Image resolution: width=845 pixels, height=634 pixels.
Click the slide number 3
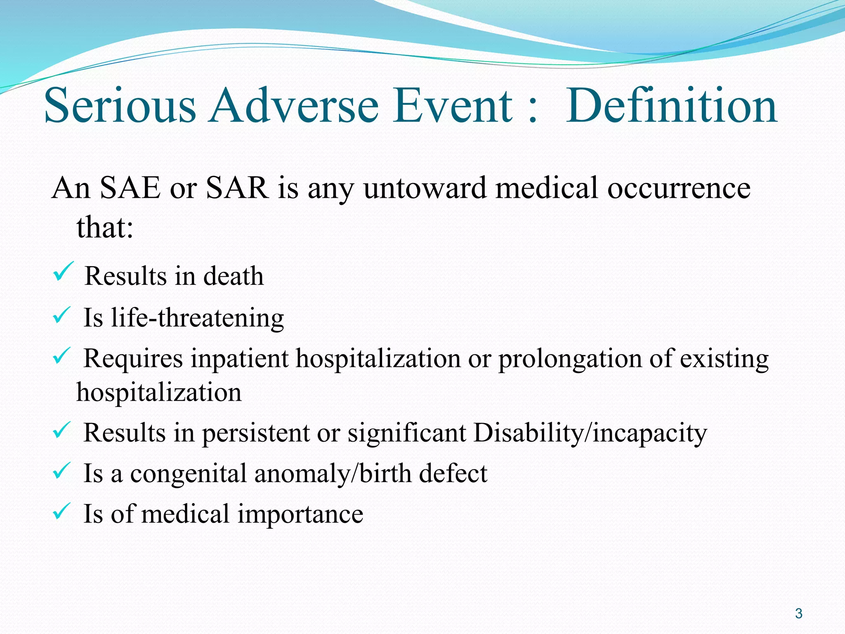(x=799, y=613)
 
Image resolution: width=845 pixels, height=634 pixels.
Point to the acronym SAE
(x=130, y=188)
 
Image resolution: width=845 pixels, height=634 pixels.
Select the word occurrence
(x=679, y=188)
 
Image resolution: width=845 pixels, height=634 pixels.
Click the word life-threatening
(x=197, y=318)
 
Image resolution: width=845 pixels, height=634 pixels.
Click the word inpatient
(x=239, y=359)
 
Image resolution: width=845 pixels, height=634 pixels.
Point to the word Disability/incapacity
(x=590, y=433)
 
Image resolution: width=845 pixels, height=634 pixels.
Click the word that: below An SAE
(x=105, y=227)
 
